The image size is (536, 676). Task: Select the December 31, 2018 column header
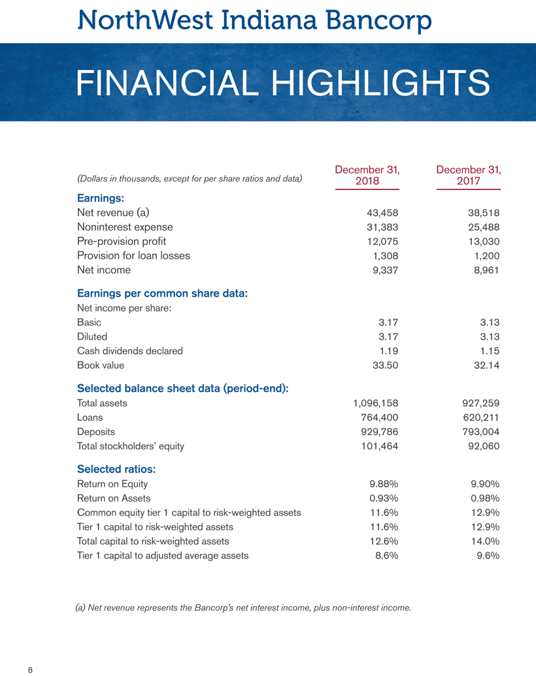click(x=367, y=174)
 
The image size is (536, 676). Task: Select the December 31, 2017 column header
click(x=468, y=174)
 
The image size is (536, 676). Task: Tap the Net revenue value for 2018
click(x=380, y=212)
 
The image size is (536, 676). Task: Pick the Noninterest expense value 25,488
click(x=482, y=227)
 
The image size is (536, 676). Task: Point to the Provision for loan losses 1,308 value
click(x=382, y=255)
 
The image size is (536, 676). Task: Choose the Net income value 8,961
click(x=484, y=270)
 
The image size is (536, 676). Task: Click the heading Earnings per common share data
click(x=162, y=294)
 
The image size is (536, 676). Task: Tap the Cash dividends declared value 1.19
click(x=388, y=351)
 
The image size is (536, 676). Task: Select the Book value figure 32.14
click(x=484, y=365)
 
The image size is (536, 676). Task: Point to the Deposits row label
click(x=96, y=432)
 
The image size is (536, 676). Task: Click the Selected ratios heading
click(x=116, y=469)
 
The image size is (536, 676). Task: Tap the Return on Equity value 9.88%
click(x=384, y=484)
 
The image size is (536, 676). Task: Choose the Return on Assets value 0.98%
click(x=485, y=498)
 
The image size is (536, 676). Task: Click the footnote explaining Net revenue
click(x=244, y=608)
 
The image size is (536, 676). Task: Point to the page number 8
click(x=30, y=669)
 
